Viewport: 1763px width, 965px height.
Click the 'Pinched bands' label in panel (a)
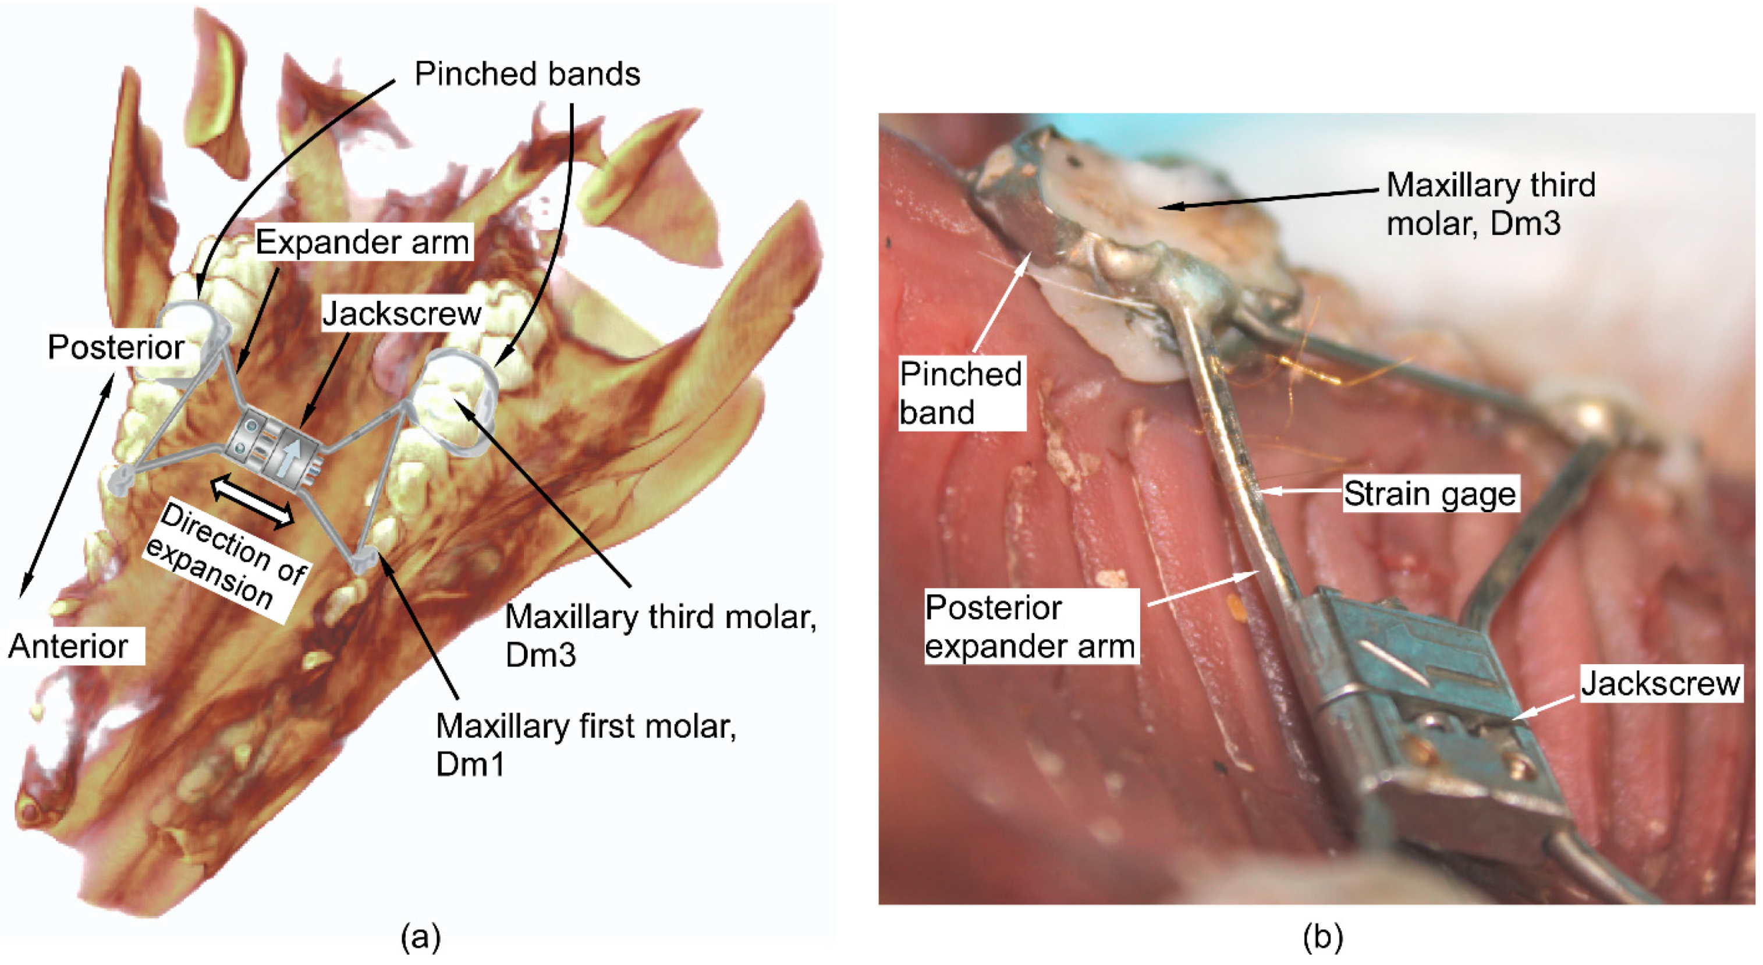pos(527,74)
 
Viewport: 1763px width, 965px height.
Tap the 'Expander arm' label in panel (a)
pos(363,242)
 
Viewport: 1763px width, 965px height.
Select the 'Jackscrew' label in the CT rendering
pos(402,314)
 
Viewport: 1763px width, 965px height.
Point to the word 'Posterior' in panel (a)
pos(116,347)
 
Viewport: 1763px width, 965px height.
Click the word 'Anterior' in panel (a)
pos(69,646)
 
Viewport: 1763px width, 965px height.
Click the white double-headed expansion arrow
pos(252,503)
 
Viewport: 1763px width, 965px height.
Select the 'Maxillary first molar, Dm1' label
pos(585,744)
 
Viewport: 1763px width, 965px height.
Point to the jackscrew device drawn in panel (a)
pos(274,448)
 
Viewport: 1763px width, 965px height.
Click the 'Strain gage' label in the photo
pos(1429,494)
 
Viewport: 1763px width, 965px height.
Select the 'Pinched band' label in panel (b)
pos(960,393)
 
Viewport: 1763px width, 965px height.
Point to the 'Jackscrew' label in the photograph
pos(1659,683)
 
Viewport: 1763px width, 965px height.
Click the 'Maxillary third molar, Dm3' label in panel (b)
pos(1491,204)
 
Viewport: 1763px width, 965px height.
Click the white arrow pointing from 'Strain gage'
pos(1300,491)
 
